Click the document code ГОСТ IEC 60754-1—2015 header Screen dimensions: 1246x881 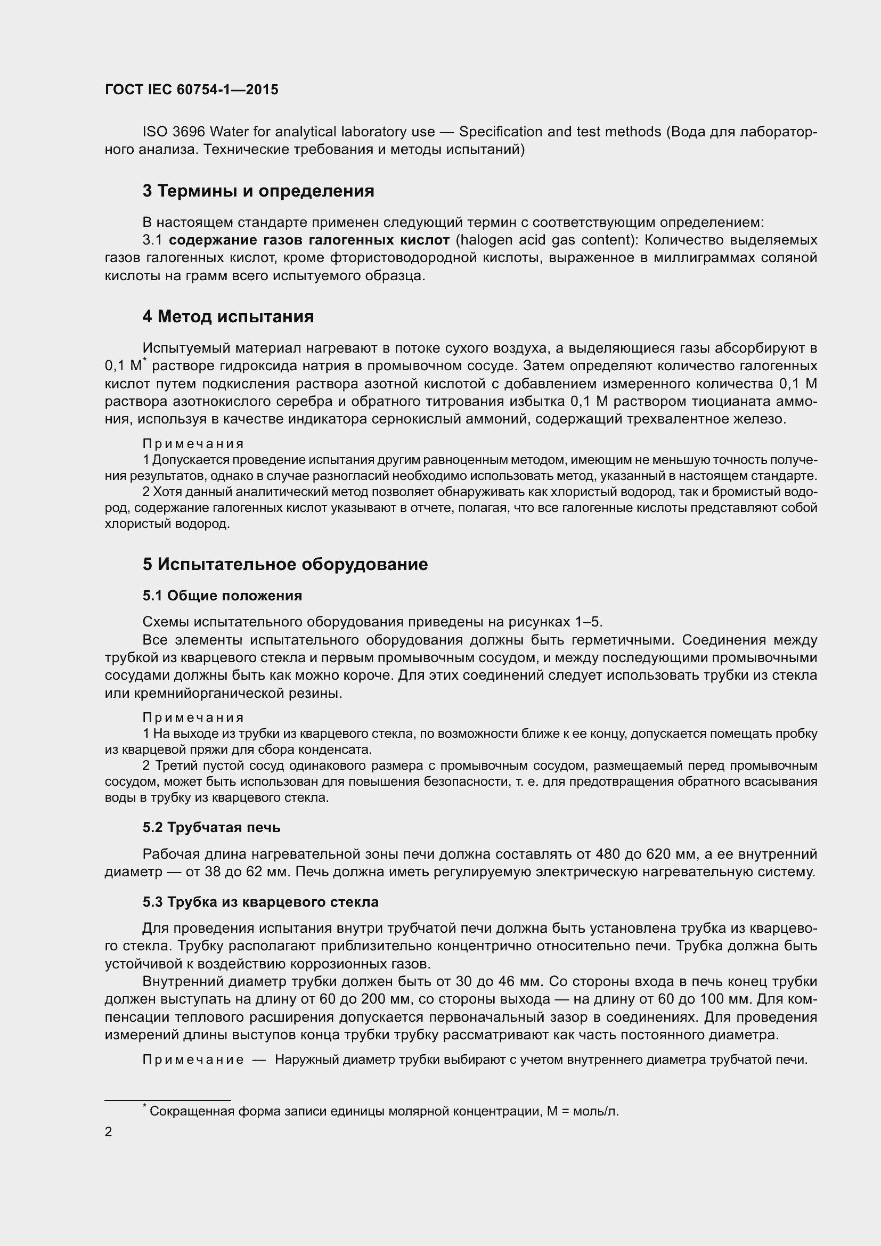[x=192, y=89]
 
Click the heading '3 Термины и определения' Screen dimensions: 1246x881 [x=258, y=191]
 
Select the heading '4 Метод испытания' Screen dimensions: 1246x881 [x=228, y=316]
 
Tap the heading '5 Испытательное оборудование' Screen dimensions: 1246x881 [x=285, y=564]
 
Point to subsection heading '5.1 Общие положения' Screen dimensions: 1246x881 [x=222, y=596]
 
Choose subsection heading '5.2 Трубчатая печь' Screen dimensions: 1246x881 [x=211, y=828]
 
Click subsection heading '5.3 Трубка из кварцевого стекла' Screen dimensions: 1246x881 [x=260, y=902]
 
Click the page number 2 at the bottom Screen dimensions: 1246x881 [x=109, y=1132]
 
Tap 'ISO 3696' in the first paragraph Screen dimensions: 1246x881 [x=174, y=132]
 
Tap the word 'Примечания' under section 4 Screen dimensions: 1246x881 [x=193, y=444]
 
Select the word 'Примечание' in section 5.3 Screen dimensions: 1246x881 [x=193, y=1060]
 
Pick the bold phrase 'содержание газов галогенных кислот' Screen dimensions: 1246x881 [x=309, y=240]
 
